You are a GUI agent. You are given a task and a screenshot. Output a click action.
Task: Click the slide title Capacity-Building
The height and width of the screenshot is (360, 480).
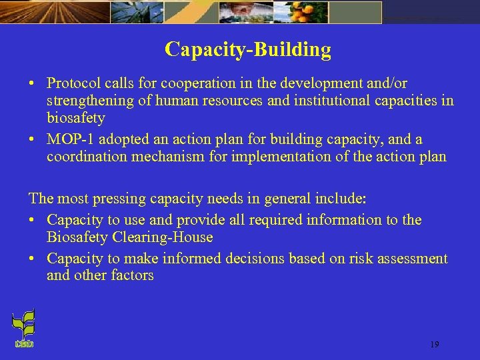[247, 50]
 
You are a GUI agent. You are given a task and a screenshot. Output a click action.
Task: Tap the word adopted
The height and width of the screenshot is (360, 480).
[123, 140]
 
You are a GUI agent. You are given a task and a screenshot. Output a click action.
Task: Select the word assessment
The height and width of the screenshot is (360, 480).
[410, 259]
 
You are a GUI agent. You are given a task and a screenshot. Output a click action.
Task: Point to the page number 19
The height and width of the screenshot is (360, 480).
[434, 345]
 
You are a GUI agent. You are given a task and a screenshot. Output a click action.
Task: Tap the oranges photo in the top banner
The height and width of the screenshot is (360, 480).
[353, 11]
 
